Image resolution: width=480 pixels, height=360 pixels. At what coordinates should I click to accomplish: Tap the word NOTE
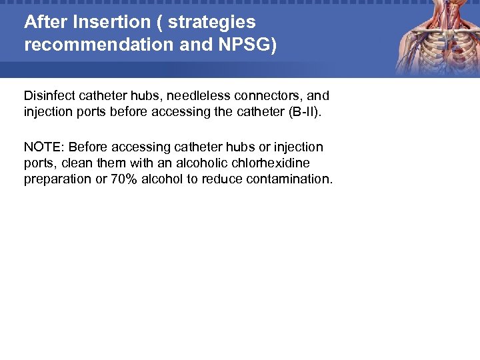(x=43, y=147)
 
